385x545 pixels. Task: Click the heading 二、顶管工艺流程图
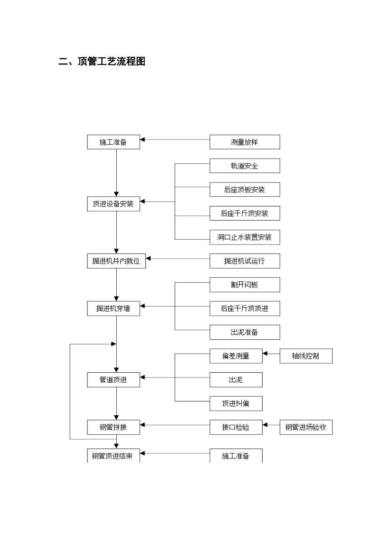(102, 62)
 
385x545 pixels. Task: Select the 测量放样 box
(244, 142)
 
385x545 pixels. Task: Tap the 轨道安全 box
(244, 166)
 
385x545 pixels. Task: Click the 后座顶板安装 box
(244, 190)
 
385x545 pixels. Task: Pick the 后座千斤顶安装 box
(244, 213)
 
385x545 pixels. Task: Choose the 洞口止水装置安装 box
(244, 237)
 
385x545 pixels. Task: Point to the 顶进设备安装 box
(113, 204)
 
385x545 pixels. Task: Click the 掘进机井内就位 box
(116, 261)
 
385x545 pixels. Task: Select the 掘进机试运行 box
(244, 261)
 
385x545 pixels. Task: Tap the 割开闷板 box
(244, 285)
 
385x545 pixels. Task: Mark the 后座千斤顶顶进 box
(244, 309)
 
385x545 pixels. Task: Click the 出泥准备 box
(244, 332)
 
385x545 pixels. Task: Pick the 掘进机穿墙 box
(113, 309)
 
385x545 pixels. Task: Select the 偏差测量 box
(236, 356)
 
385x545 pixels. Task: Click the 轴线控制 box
(306, 356)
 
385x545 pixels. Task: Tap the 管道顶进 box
(113, 380)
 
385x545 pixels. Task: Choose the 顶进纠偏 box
(236, 403)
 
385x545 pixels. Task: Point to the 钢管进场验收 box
(306, 427)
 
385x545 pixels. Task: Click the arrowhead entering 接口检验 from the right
(265, 425)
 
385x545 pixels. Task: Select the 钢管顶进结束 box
(113, 456)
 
